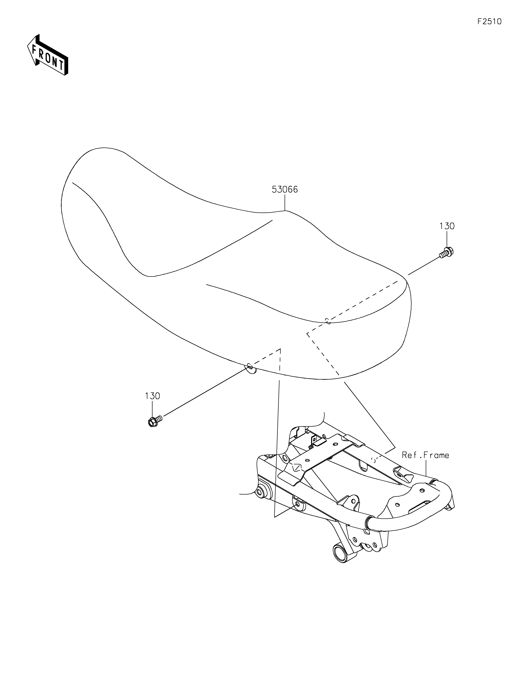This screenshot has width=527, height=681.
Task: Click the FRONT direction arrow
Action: pos(47,55)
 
